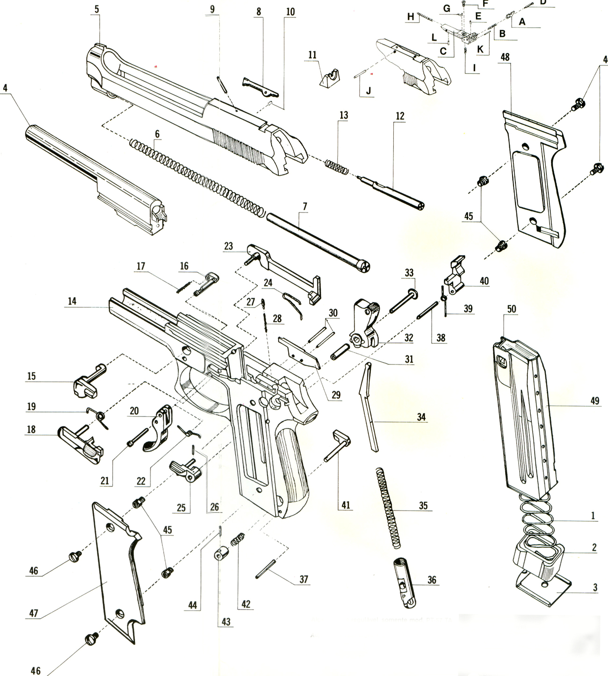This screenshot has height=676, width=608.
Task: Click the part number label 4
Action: (5, 87)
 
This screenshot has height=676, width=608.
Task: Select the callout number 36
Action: (431, 580)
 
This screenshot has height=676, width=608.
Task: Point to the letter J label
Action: (368, 91)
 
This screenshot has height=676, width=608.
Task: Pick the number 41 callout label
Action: (345, 505)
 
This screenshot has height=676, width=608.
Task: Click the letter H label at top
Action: (411, 17)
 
